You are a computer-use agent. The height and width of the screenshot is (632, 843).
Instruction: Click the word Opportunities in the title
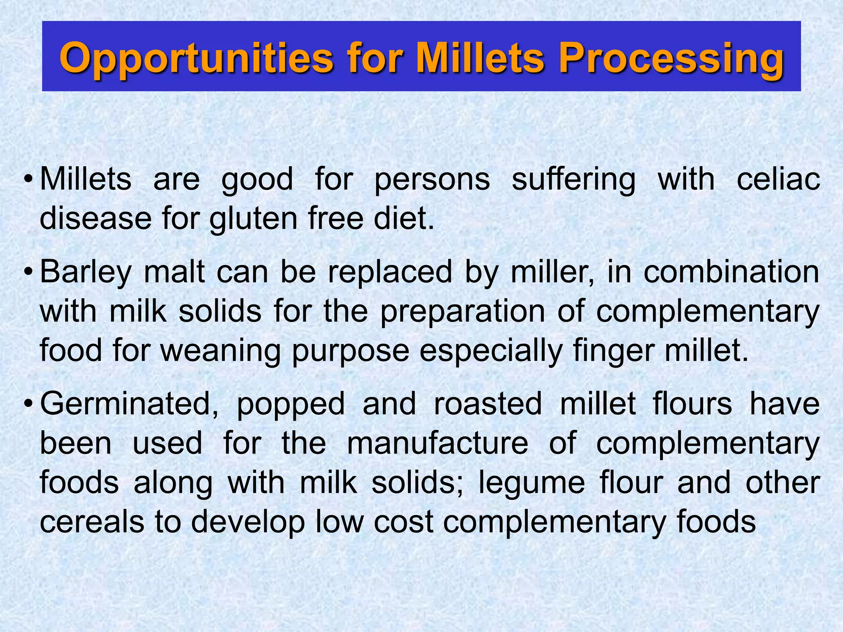pyautogui.click(x=196, y=58)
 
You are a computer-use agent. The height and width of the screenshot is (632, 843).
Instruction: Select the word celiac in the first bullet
pyautogui.click(x=778, y=179)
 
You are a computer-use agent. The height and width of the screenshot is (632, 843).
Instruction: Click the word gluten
pyautogui.click(x=253, y=218)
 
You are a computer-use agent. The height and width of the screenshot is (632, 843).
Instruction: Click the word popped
pyautogui.click(x=291, y=404)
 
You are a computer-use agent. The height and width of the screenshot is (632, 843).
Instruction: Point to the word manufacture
pyautogui.click(x=438, y=443)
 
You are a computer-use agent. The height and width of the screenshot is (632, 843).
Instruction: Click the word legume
pyautogui.click(x=531, y=483)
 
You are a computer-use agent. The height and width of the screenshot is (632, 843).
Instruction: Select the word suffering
pyautogui.click(x=574, y=179)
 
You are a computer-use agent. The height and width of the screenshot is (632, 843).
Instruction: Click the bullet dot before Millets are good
pyautogui.click(x=28, y=180)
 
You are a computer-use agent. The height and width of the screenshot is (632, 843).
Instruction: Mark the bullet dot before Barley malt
pyautogui.click(x=28, y=272)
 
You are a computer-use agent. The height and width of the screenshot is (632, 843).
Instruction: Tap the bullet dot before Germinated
pyautogui.click(x=28, y=404)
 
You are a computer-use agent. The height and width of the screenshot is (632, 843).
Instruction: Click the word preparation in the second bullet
pyautogui.click(x=462, y=311)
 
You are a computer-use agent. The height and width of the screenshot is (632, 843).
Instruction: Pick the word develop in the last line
pyautogui.click(x=248, y=522)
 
